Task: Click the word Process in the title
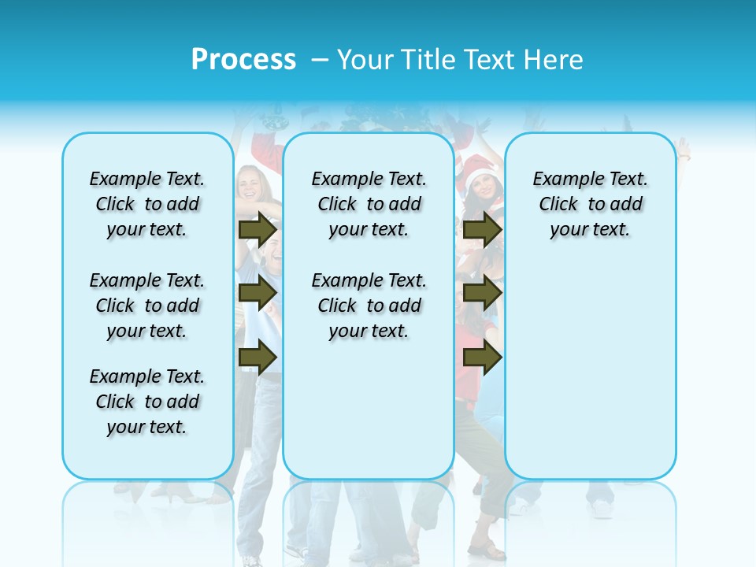(x=243, y=60)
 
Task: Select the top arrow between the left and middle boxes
(x=258, y=229)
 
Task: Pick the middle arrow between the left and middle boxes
(x=258, y=294)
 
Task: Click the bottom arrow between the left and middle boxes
(x=258, y=358)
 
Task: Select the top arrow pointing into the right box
(x=482, y=229)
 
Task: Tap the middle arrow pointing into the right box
(x=482, y=294)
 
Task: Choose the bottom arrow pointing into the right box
(x=482, y=358)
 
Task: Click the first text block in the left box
(x=147, y=204)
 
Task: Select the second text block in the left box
(x=147, y=306)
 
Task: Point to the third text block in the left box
(x=147, y=402)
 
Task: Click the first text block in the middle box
(x=369, y=204)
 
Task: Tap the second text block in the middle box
(x=369, y=306)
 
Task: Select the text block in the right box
(x=590, y=204)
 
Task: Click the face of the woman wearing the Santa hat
(x=481, y=189)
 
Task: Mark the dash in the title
(x=320, y=60)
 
